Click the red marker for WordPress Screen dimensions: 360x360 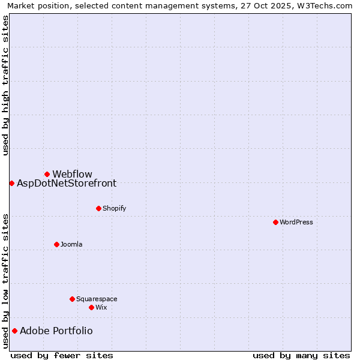275,222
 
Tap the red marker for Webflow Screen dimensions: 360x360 47,174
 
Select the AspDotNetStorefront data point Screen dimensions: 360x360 11,183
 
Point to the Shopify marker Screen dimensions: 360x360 98,208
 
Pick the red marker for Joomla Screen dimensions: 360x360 56,244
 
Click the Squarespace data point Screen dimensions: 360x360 72,299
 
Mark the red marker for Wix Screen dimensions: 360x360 91,307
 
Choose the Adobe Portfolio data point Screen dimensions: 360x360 14,331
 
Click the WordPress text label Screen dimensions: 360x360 296,222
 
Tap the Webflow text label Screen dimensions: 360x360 73,175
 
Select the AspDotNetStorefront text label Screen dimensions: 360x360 67,184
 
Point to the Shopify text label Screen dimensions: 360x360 115,209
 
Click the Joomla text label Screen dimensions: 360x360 71,245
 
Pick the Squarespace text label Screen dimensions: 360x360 97,299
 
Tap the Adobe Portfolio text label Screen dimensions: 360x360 56,331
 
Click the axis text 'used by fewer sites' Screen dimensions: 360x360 62,355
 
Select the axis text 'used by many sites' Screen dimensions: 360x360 301,355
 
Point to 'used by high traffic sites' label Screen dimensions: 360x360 6,85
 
